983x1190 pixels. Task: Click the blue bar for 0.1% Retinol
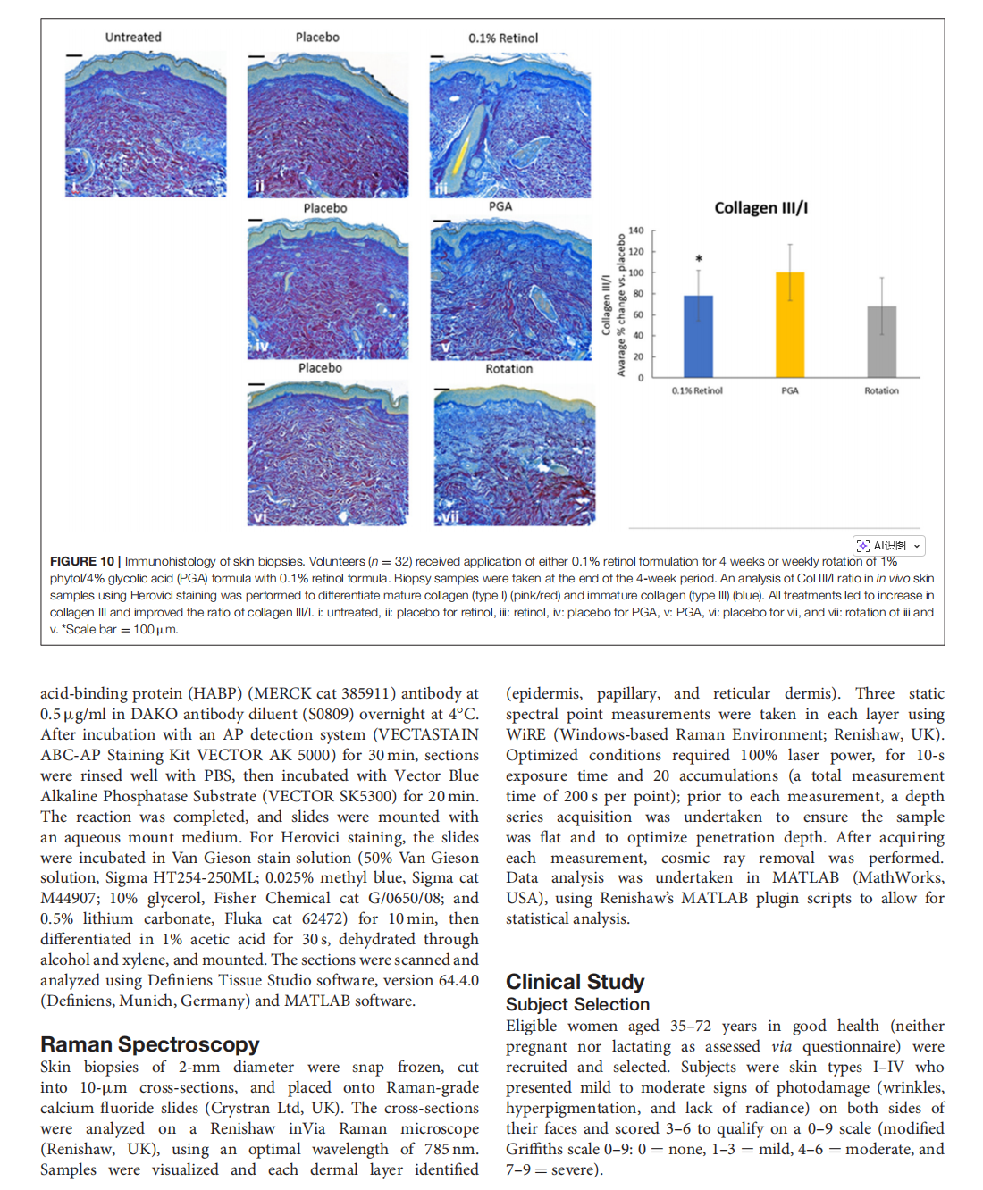[x=698, y=336]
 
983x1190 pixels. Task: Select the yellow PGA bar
[x=790, y=324]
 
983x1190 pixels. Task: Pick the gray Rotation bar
[x=881, y=341]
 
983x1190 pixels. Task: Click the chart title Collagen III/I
[x=760, y=208]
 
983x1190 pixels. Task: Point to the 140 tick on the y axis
[x=636, y=230]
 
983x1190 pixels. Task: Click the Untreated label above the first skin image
[x=133, y=38]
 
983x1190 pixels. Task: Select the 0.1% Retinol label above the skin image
[x=503, y=38]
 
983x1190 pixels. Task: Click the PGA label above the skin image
[x=500, y=206]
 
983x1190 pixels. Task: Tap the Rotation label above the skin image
[x=508, y=369]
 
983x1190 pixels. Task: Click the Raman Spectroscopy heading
[x=149, y=1044]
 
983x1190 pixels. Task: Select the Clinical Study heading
[x=575, y=982]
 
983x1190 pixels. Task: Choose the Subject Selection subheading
[x=577, y=1004]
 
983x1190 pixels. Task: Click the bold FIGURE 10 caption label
[x=82, y=561]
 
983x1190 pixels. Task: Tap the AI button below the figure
[x=888, y=545]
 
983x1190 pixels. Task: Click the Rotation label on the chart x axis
[x=881, y=390]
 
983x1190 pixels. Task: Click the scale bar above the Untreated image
[x=73, y=55]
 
